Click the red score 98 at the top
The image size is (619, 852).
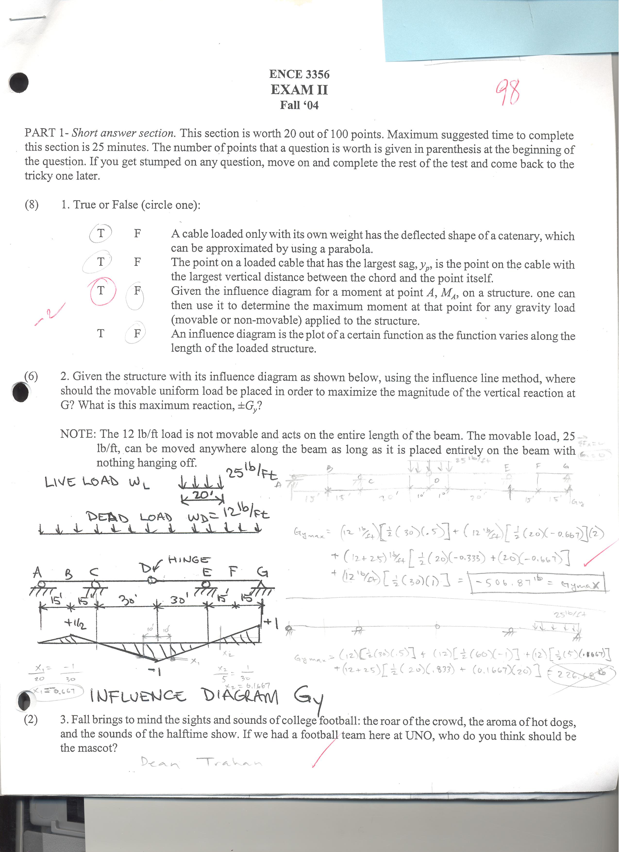(508, 92)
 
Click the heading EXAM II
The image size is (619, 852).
(299, 90)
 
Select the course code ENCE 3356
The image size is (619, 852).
(299, 74)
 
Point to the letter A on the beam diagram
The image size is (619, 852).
(37, 573)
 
